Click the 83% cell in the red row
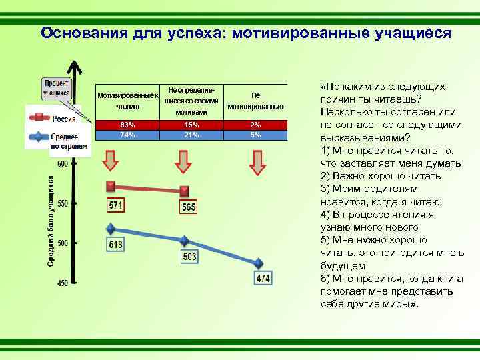pos(127,125)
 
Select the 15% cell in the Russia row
pos(191,125)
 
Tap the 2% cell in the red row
pos(255,125)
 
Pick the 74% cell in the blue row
pos(127,135)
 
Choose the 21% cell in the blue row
pos(191,135)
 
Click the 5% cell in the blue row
pos(255,135)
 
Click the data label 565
pos(189,208)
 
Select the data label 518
pos(115,245)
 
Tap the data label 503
pos(189,256)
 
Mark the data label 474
pos(263,278)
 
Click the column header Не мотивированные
pos(255,101)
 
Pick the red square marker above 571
pos(111,186)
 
